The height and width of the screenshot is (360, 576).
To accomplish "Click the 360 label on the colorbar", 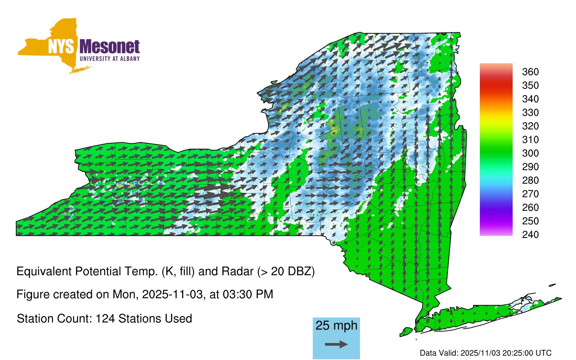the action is [530, 72].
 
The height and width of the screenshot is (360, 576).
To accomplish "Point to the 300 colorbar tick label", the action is [530, 153].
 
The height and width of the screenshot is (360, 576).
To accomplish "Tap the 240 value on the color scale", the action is [530, 234].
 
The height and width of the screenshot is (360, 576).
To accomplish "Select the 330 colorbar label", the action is [530, 112].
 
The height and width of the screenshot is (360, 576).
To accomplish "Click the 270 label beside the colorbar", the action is [530, 194].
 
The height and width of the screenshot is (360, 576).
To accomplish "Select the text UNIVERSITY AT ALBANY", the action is [109, 59].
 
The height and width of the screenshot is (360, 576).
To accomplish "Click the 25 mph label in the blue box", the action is [336, 325].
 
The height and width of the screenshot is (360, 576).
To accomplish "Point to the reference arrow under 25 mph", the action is [336, 344].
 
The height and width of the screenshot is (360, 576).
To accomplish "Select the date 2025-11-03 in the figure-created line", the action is [172, 294].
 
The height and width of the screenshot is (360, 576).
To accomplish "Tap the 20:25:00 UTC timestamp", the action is [526, 353].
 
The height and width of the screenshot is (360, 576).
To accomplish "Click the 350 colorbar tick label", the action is [530, 85].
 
